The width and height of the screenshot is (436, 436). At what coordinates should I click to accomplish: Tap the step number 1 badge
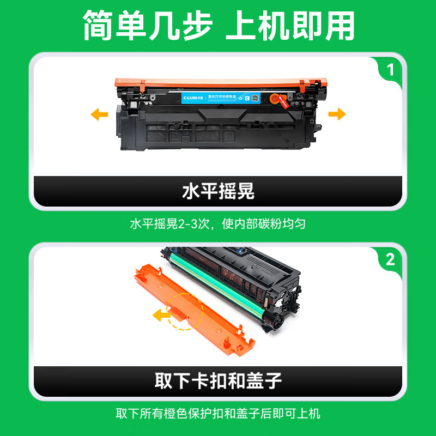tap(390, 70)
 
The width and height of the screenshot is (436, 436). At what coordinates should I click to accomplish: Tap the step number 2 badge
tap(390, 260)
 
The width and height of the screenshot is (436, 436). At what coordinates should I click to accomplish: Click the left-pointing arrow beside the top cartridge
tap(99, 114)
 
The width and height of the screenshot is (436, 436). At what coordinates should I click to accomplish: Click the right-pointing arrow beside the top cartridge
tap(338, 114)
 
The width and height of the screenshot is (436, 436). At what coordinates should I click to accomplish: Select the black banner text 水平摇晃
tap(218, 192)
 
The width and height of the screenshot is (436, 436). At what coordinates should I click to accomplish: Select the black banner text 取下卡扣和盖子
tap(218, 380)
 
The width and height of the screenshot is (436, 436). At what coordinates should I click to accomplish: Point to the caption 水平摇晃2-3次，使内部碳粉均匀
tap(218, 224)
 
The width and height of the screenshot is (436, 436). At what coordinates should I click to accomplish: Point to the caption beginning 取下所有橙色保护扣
tap(218, 413)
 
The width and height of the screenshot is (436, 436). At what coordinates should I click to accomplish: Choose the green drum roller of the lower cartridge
tap(218, 283)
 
